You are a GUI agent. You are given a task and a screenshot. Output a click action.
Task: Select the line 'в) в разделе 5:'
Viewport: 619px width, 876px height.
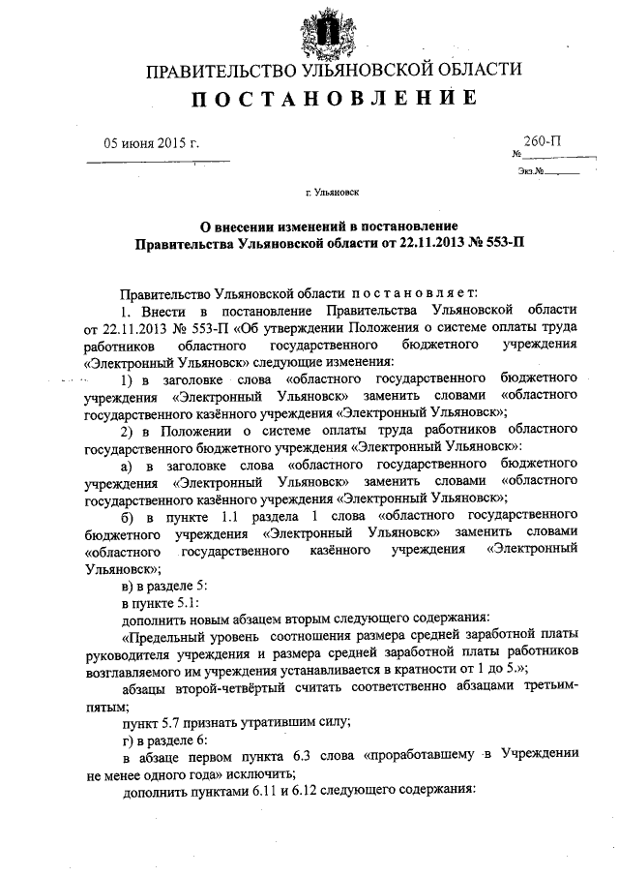[162, 585]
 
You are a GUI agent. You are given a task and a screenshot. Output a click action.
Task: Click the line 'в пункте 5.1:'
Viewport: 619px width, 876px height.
[160, 602]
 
